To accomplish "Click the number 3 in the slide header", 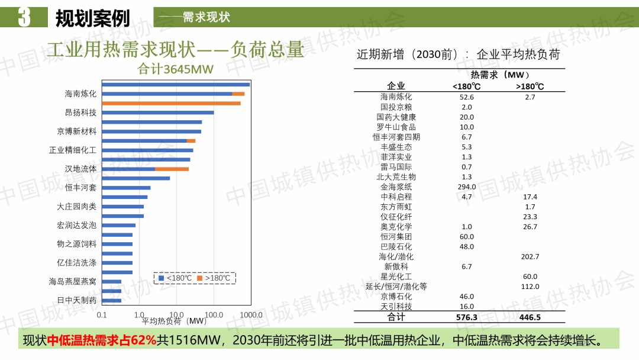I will [24, 17].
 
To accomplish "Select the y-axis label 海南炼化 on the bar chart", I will [80, 94].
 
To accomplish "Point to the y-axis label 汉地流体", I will [80, 169].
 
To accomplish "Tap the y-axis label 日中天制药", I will [76, 300].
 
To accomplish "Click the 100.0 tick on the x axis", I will [214, 314].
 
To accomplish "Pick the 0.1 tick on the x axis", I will [102, 314].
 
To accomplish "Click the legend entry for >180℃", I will [214, 278].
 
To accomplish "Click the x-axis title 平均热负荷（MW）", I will [174, 322].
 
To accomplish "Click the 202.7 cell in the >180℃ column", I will [530, 256].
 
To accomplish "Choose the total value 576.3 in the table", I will [466, 317].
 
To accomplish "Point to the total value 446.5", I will [530, 317].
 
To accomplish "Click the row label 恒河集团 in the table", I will [396, 236].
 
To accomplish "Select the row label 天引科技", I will [396, 306].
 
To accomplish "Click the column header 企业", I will [396, 86].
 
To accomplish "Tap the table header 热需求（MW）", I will [499, 75].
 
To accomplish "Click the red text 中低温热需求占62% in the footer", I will [102, 340].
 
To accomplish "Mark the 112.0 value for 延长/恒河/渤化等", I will [530, 287].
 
